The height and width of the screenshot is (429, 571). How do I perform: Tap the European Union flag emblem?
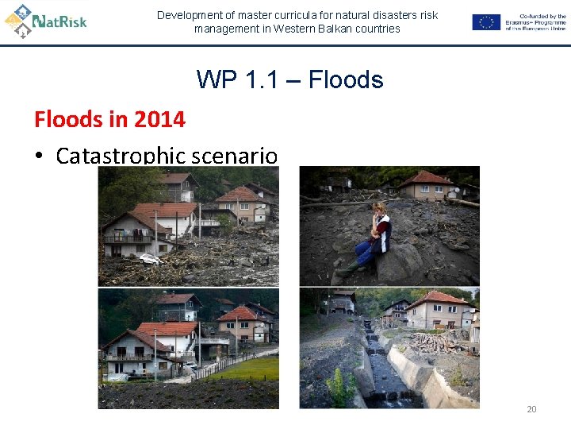(x=485, y=22)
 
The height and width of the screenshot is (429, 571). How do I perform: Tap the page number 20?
(x=531, y=409)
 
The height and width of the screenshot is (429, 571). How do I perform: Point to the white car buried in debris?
(x=149, y=258)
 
